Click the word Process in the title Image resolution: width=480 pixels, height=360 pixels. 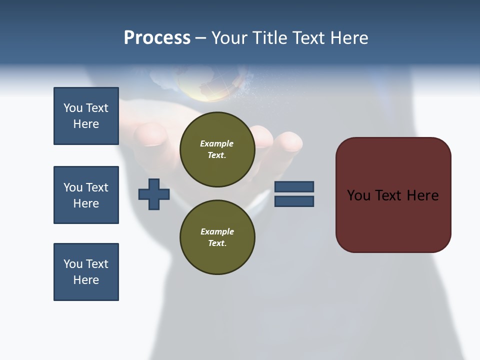[x=157, y=38]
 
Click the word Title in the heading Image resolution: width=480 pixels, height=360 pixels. [x=270, y=38]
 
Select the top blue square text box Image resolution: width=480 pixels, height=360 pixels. [x=86, y=116]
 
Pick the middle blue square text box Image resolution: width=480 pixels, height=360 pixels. [x=86, y=195]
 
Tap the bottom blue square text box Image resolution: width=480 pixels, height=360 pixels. [x=86, y=272]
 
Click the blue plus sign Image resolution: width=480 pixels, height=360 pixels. [x=154, y=194]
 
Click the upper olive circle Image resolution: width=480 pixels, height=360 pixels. [x=217, y=149]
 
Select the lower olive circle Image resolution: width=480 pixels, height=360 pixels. [x=217, y=237]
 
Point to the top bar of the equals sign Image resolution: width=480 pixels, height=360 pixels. [x=294, y=186]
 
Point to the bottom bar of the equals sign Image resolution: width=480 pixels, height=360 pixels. [x=294, y=201]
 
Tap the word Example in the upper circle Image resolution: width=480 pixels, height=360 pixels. [x=217, y=143]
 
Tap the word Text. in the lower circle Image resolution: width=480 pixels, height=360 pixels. [x=217, y=243]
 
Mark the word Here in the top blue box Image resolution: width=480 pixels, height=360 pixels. [x=86, y=124]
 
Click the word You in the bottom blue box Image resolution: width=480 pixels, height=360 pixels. [x=73, y=264]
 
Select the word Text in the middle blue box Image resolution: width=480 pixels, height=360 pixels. [x=97, y=187]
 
